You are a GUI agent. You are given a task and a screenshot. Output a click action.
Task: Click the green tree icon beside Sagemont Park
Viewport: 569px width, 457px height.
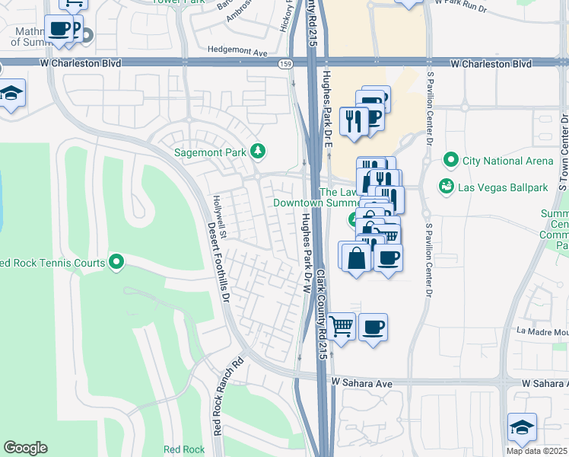click(259, 152)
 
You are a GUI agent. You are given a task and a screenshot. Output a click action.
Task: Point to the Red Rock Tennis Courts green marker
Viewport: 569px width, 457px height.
click(116, 263)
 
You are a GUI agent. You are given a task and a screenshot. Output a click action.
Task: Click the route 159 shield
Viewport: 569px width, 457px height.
click(284, 64)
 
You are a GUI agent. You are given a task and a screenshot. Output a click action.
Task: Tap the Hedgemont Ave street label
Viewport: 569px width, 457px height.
click(238, 53)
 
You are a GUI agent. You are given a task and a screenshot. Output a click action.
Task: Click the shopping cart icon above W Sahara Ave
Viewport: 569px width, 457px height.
click(342, 327)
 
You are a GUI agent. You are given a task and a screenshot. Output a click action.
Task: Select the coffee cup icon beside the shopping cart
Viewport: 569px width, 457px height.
click(373, 327)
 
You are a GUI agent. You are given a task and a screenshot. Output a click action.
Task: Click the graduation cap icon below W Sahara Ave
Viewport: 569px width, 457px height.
click(523, 427)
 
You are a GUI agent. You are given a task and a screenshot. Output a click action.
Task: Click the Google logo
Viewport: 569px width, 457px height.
click(25, 448)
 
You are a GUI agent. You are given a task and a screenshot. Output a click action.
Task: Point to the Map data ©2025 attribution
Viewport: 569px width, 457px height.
click(536, 451)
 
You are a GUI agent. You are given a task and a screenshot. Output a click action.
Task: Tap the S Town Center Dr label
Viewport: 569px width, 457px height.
click(564, 152)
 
